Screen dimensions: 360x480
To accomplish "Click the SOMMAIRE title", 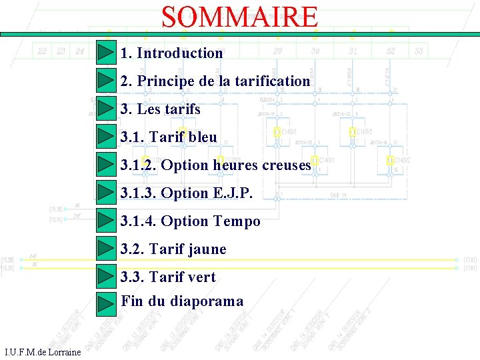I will tap(240, 17).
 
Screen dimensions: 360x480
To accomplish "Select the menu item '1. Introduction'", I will tap(171, 53).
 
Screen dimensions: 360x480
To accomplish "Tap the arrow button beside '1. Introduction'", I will tap(106, 53).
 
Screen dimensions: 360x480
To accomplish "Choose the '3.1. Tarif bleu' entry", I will tap(169, 137).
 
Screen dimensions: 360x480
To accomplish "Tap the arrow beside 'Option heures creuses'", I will tap(106, 165).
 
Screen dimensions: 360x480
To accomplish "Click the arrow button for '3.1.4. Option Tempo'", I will tap(106, 221).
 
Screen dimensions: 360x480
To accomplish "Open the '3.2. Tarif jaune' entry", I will tap(173, 249).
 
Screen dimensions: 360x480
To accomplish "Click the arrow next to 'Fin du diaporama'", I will tap(106, 302).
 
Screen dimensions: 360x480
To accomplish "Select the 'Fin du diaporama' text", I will tap(182, 301).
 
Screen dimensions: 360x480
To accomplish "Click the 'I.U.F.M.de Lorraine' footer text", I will tap(43, 352).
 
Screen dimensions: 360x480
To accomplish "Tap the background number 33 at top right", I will tap(419, 51).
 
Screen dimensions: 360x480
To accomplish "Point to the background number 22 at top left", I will tap(42, 51).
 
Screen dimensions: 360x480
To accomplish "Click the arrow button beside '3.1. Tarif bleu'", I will tap(106, 137).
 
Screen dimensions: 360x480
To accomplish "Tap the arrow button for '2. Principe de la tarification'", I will tap(106, 81).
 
